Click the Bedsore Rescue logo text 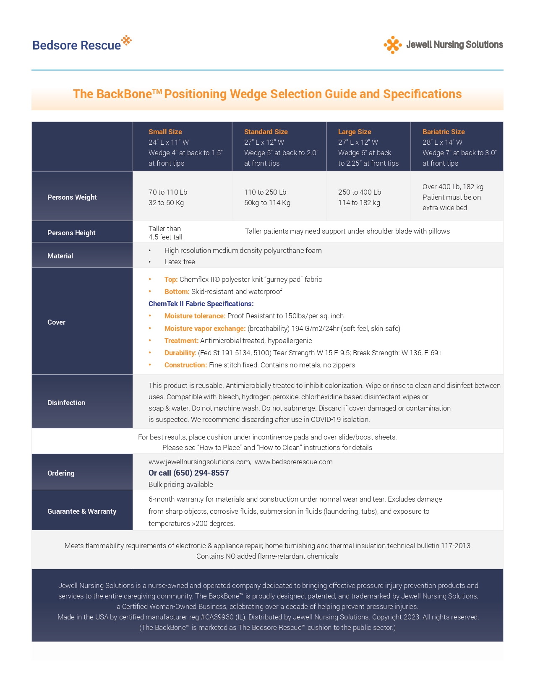(x=77, y=45)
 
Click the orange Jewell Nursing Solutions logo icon (x=392, y=45)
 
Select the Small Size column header (x=165, y=132)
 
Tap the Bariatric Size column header (x=443, y=132)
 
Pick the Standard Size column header (x=266, y=132)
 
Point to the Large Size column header (x=355, y=132)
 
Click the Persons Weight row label (x=72, y=197)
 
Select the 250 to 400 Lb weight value (x=360, y=192)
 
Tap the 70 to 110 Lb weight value (x=168, y=192)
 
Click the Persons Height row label (x=71, y=233)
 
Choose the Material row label (x=60, y=256)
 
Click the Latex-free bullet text (x=180, y=262)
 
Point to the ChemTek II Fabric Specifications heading (x=201, y=304)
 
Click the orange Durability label (x=180, y=353)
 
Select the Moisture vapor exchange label (x=205, y=328)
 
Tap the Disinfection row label (x=66, y=403)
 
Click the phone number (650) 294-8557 (x=201, y=473)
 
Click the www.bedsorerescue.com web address (x=293, y=462)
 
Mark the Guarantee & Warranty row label (x=82, y=511)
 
